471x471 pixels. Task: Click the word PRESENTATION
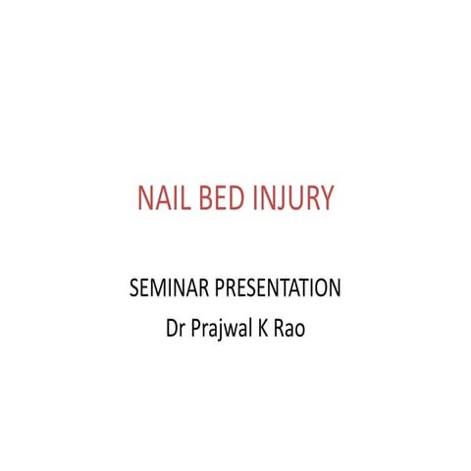(x=274, y=290)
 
